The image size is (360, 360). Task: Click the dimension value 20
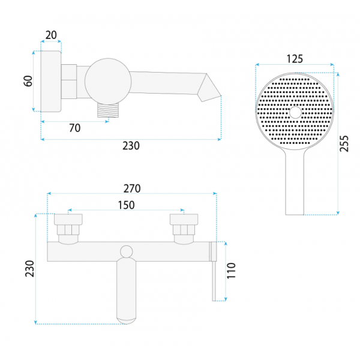[51, 35]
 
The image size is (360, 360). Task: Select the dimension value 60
[28, 81]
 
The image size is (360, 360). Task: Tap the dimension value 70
[75, 128]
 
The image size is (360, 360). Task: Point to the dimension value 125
[295, 59]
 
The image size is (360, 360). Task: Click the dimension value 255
[344, 143]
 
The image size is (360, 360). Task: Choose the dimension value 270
[132, 188]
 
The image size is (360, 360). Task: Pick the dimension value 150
[126, 205]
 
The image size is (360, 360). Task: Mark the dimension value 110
[231, 271]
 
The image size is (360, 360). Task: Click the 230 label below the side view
[131, 146]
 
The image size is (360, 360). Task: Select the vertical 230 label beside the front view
[29, 268]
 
